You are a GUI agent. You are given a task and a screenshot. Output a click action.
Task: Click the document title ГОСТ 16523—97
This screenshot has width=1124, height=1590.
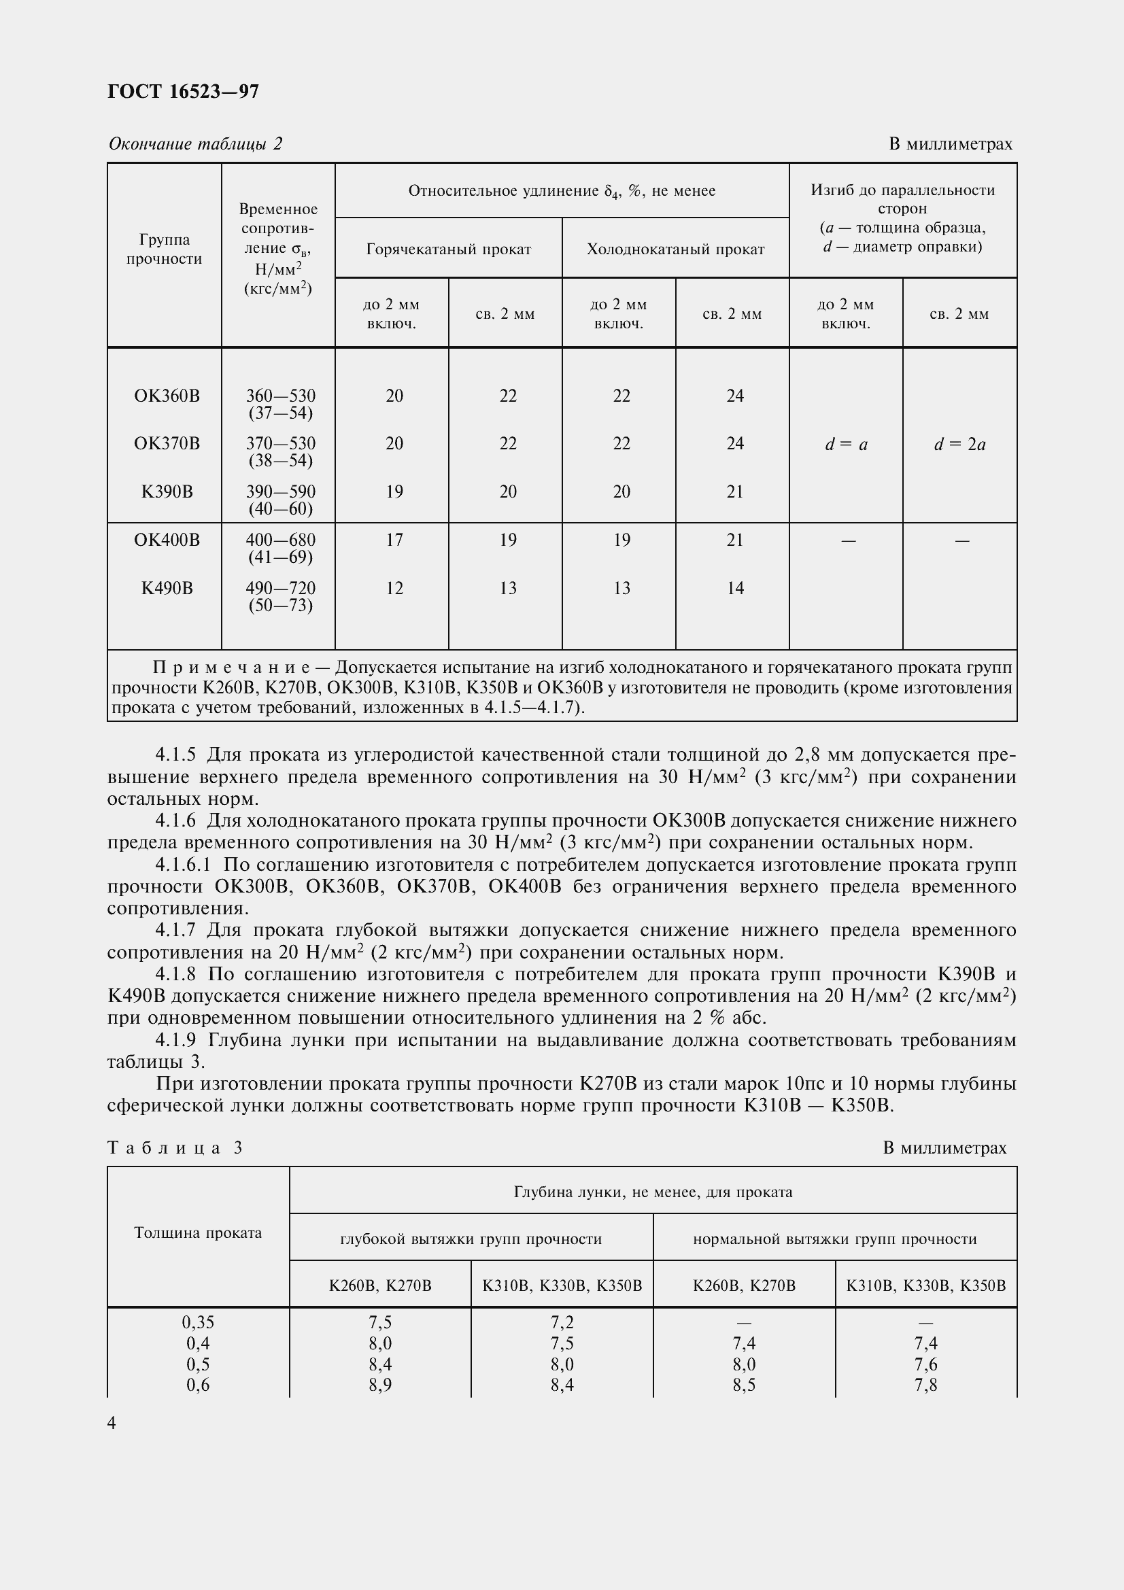click(x=184, y=91)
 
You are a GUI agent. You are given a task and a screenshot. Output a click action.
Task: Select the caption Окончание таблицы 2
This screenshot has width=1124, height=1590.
click(x=195, y=143)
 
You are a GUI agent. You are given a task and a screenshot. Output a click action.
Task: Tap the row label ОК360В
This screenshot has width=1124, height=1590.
click(x=166, y=396)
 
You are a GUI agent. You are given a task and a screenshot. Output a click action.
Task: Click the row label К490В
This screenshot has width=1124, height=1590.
click(x=166, y=588)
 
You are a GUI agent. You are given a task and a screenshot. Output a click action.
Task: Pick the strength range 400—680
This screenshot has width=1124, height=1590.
click(x=280, y=540)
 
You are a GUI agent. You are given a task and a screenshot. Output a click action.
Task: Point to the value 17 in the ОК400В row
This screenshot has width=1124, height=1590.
click(x=394, y=540)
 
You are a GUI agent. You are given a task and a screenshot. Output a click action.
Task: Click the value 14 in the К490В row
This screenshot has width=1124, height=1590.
click(x=735, y=588)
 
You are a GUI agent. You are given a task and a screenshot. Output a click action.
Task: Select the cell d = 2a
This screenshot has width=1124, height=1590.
click(x=959, y=445)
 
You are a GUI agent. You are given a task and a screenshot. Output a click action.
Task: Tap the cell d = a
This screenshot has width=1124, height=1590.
click(x=846, y=445)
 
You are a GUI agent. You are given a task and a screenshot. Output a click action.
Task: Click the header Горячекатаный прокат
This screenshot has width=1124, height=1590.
click(x=448, y=249)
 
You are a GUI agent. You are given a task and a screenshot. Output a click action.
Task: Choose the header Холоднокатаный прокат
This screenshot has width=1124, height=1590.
click(x=675, y=249)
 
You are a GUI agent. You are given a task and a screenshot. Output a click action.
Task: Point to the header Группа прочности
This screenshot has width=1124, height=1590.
click(x=164, y=249)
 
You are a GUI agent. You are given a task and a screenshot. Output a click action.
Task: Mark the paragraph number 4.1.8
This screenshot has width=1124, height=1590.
click(x=176, y=974)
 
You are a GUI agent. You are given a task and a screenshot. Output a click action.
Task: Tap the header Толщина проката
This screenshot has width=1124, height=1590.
click(x=197, y=1232)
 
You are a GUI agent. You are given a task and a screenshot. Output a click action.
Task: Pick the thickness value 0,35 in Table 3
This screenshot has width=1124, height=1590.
click(x=197, y=1322)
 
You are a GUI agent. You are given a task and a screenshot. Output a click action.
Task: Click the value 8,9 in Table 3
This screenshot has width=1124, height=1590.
click(x=379, y=1384)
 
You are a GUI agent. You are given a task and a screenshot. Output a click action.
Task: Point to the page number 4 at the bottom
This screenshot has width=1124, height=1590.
click(x=112, y=1423)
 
